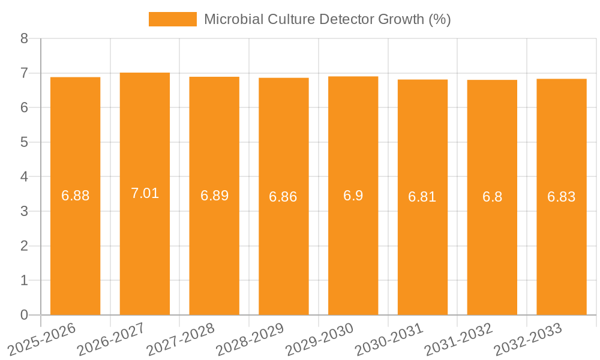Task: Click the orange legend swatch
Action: [173, 19]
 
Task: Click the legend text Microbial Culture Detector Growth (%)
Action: [327, 19]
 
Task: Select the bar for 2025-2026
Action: [75, 240]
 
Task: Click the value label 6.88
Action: [75, 196]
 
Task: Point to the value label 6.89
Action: [214, 196]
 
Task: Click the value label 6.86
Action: [283, 196]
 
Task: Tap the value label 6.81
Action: [422, 197]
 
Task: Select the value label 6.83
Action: [562, 197]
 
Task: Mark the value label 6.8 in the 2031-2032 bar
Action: [492, 197]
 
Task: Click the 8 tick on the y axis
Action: [24, 39]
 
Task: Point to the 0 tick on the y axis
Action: [24, 315]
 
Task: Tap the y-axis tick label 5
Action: [24, 143]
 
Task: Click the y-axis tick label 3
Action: [24, 212]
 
